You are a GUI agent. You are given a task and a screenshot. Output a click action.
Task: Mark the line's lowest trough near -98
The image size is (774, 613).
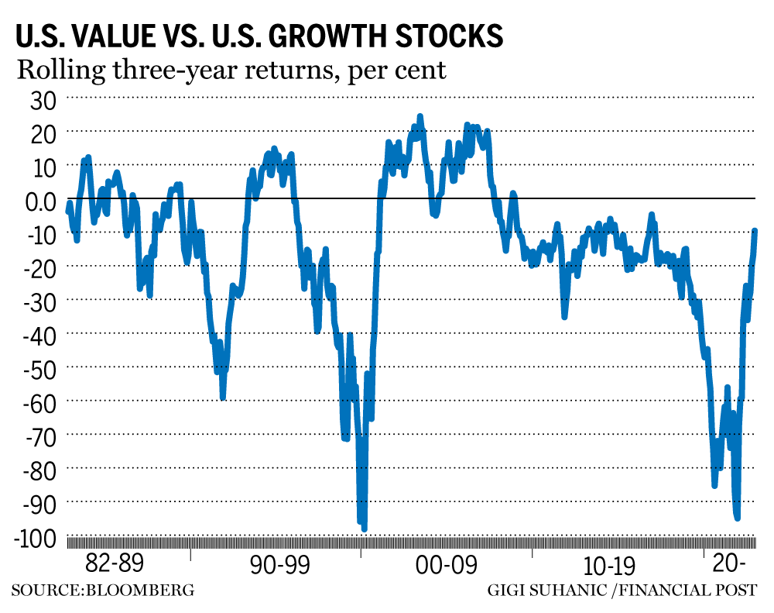(x=364, y=529)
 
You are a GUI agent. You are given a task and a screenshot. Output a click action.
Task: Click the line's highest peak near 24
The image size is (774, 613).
(x=420, y=116)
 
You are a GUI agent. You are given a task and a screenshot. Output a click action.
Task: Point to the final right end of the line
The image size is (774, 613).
(x=755, y=230)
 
